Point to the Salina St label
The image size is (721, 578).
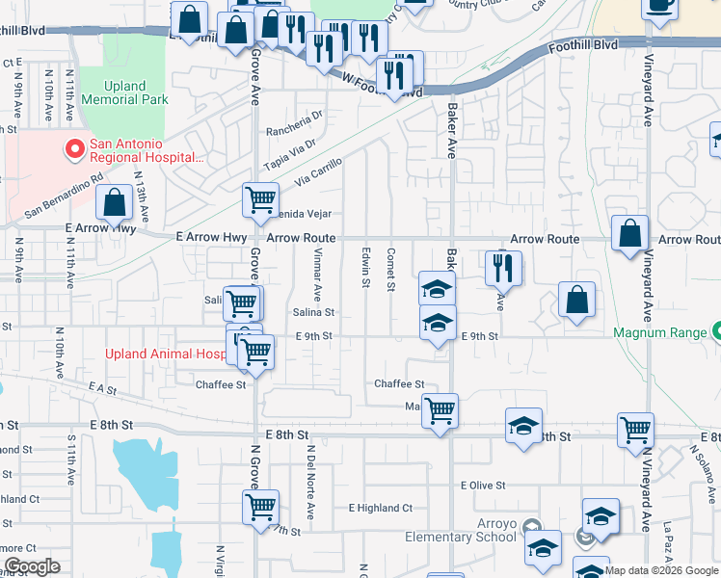(x=314, y=312)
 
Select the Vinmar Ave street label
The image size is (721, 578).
(x=316, y=273)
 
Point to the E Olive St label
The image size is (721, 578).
(x=483, y=486)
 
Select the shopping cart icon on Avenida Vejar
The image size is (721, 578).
(x=259, y=201)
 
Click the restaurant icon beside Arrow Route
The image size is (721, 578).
(x=503, y=268)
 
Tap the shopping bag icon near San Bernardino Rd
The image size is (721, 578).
(x=115, y=203)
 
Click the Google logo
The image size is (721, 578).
(x=32, y=566)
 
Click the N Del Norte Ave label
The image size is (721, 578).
(x=310, y=480)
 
